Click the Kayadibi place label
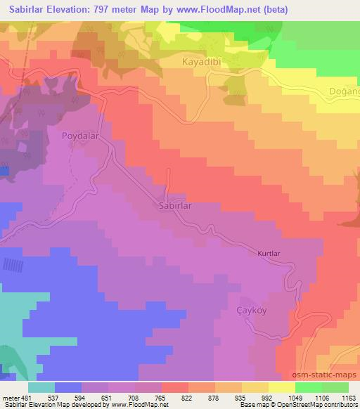pos(198,63)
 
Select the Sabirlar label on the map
pos(174,207)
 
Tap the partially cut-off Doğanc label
pos(344,91)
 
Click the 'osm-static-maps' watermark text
pos(329,372)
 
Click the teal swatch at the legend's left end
pos(41,387)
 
